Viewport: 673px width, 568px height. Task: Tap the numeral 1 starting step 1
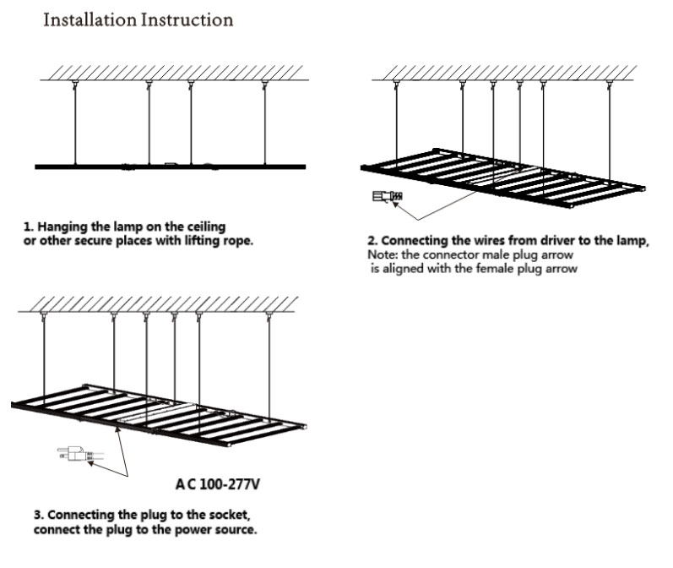[28, 228]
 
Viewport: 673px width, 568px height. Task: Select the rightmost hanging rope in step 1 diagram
[265, 123]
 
